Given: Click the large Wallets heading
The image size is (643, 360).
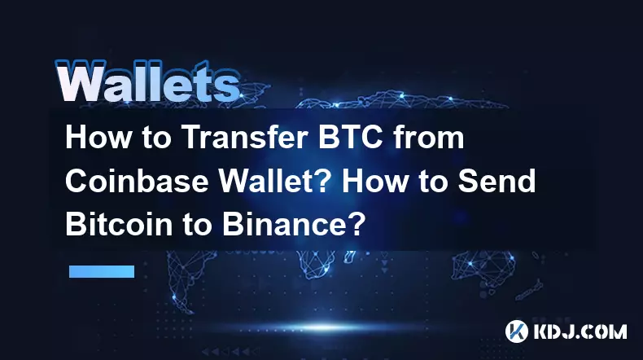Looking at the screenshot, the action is [147, 81].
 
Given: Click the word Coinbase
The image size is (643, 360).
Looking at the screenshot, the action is [137, 181].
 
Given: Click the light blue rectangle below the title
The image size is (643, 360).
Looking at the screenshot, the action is [102, 271].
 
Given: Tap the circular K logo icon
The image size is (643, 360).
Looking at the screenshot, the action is [516, 331].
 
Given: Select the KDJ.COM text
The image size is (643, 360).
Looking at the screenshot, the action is [580, 331].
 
